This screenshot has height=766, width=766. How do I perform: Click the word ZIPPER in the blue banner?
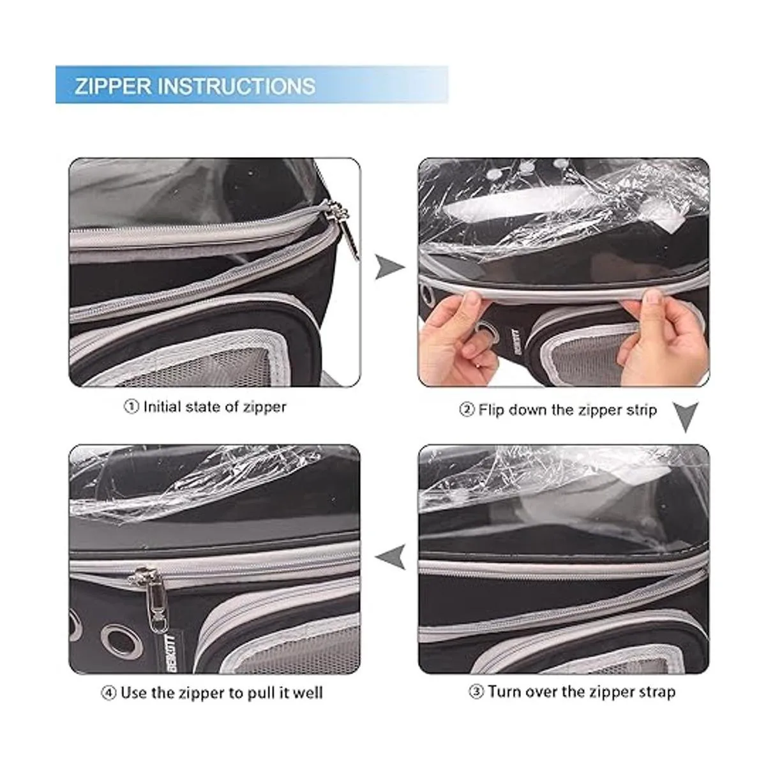(113, 86)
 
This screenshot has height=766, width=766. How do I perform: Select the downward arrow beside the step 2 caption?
(686, 417)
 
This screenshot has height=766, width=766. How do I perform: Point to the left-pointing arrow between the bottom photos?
(391, 556)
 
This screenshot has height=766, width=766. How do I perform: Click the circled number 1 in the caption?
(131, 407)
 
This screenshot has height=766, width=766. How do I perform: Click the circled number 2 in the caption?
(467, 410)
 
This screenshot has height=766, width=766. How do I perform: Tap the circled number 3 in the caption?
(476, 692)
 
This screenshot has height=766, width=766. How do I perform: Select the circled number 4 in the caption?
(109, 693)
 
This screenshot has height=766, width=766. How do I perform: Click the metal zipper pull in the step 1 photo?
(345, 229)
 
